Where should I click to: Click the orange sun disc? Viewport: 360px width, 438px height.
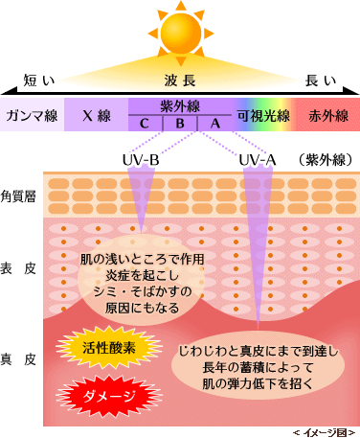pyautogui.click(x=181, y=32)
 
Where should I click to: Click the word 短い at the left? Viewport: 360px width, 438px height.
pyautogui.click(x=39, y=81)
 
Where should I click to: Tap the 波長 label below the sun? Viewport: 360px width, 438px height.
pyautogui.click(x=180, y=81)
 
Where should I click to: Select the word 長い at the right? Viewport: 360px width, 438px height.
pyautogui.click(x=321, y=81)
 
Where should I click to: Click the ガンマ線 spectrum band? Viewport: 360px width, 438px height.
pyautogui.click(x=32, y=115)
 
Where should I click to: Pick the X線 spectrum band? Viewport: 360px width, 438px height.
pyautogui.click(x=96, y=115)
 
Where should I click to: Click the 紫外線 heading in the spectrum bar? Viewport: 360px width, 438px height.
pyautogui.click(x=180, y=106)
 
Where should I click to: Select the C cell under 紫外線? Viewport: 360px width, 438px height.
pyautogui.click(x=146, y=123)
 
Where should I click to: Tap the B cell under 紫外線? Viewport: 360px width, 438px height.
pyautogui.click(x=180, y=123)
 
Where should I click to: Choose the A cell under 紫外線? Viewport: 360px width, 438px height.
pyautogui.click(x=215, y=123)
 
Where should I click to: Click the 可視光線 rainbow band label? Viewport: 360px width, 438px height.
pyautogui.click(x=263, y=115)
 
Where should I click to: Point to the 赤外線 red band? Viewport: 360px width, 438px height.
pyautogui.click(x=328, y=115)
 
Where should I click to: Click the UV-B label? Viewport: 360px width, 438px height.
pyautogui.click(x=141, y=160)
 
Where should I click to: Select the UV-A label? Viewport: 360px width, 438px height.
pyautogui.click(x=258, y=160)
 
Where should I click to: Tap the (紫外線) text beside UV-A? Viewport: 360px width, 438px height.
pyautogui.click(x=326, y=160)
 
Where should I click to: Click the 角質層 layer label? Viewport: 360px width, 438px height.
pyautogui.click(x=18, y=196)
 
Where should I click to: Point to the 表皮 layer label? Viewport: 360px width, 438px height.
pyautogui.click(x=18, y=268)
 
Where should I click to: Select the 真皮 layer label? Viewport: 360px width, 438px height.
pyautogui.click(x=18, y=359)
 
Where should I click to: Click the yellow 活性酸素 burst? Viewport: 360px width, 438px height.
pyautogui.click(x=109, y=348)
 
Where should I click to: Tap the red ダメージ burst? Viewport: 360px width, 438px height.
pyautogui.click(x=109, y=396)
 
